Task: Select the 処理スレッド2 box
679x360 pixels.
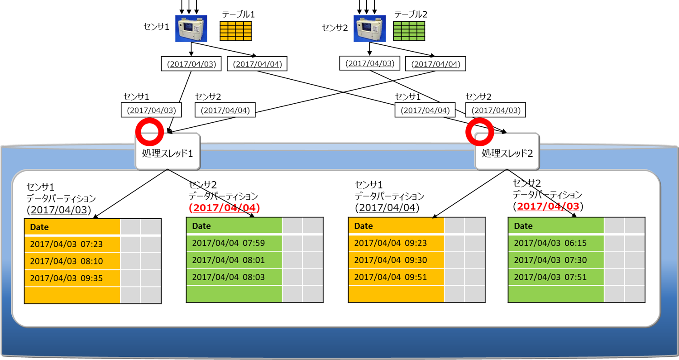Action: click(x=507, y=152)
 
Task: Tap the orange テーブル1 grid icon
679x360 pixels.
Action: click(x=236, y=31)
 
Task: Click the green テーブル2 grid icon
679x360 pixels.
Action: click(x=409, y=31)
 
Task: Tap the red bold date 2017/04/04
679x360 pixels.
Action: click(x=225, y=208)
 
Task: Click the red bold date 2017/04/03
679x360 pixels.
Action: click(x=548, y=206)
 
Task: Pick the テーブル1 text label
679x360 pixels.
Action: click(x=238, y=14)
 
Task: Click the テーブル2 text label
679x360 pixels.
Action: click(x=411, y=14)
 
